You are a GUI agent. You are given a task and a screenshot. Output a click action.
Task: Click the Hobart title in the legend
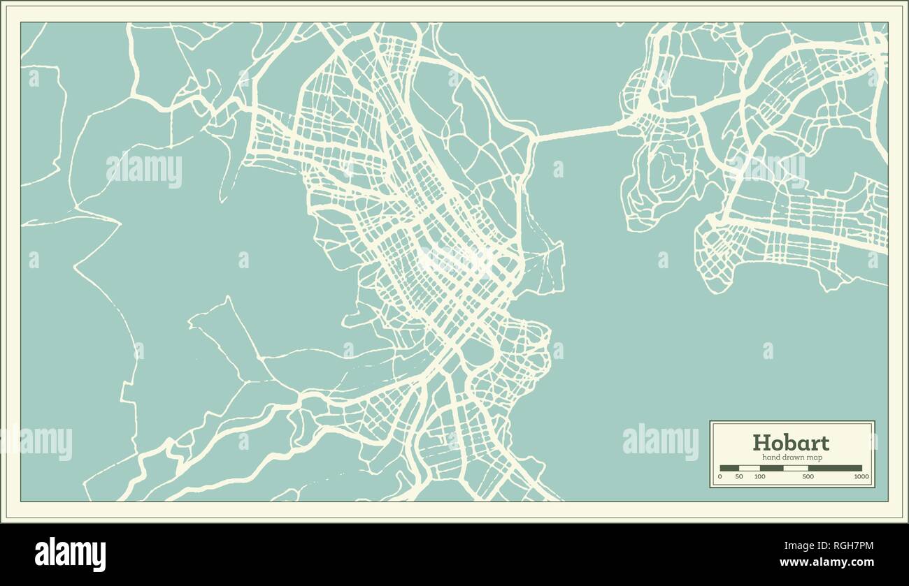click(791, 443)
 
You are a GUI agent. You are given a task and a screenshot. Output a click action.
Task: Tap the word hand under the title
click(769, 457)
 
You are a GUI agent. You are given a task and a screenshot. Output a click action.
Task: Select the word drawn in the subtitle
click(792, 457)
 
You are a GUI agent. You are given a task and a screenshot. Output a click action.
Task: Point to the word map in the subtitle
click(813, 457)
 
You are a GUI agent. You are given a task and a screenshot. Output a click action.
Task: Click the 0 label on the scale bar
click(720, 476)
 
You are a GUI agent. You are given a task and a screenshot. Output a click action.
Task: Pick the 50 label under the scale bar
click(739, 476)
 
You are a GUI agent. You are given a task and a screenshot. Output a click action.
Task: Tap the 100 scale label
click(759, 476)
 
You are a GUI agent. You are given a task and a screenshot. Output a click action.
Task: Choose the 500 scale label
click(808, 476)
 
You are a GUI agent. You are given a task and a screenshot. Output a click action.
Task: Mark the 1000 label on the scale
click(861, 476)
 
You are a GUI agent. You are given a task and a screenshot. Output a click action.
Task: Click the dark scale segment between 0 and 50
click(729, 468)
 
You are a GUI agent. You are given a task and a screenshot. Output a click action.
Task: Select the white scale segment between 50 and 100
click(750, 468)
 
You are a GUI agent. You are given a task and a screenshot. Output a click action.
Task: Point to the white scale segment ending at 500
click(796, 468)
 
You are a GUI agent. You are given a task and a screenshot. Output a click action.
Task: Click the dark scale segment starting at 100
click(771, 468)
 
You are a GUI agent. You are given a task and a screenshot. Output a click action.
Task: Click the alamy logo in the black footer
click(71, 555)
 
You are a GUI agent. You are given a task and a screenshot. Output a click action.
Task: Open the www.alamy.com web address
click(826, 562)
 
